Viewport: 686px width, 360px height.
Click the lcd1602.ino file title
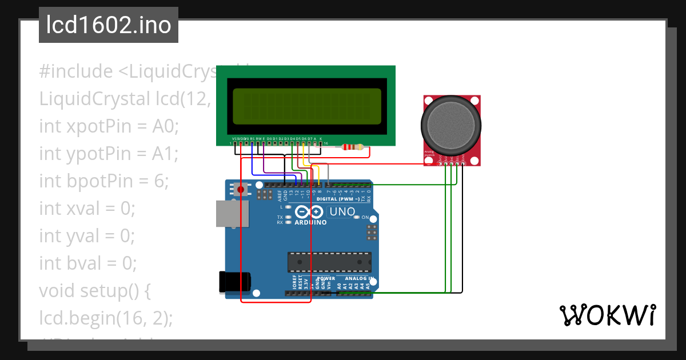[108, 26]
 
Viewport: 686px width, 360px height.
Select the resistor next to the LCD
[352, 147]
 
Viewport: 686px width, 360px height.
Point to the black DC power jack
[234, 282]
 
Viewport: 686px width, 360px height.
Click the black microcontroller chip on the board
[329, 262]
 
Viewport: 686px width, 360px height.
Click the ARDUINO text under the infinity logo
[311, 222]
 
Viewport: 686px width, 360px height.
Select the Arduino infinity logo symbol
[310, 212]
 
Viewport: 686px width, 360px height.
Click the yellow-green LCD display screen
[305, 106]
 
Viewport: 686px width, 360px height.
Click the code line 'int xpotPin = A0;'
[109, 126]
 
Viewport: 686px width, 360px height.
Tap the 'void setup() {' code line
[95, 291]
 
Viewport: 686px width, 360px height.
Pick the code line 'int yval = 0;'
[86, 235]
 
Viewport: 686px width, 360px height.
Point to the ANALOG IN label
[358, 278]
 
